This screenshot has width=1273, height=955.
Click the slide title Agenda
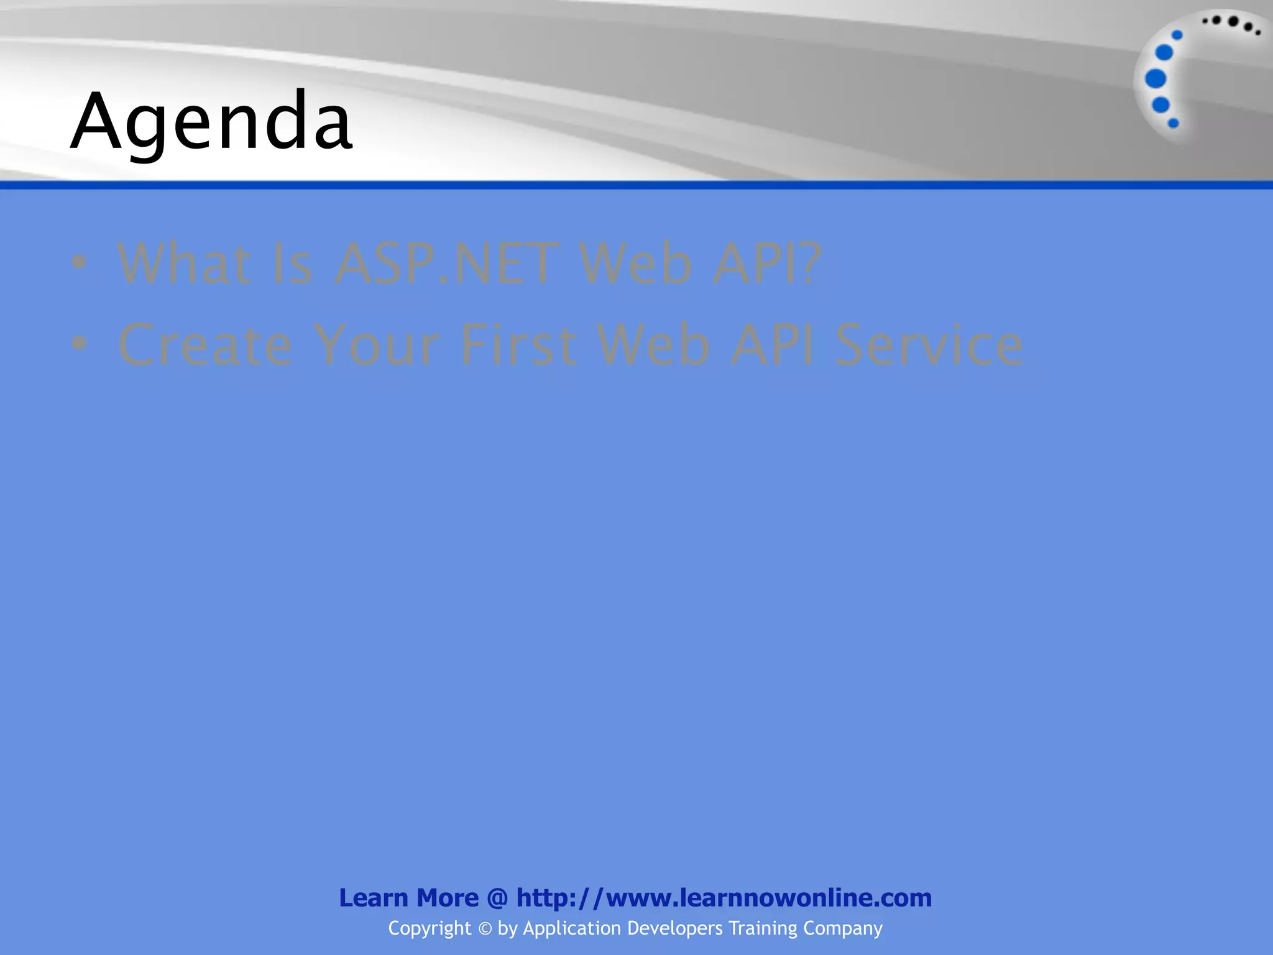(211, 121)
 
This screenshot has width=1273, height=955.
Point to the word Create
(205, 344)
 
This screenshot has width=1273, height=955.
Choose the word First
(518, 344)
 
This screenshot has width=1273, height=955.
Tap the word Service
(929, 344)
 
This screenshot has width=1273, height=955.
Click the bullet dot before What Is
(79, 262)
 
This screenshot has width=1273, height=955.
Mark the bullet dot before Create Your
(79, 343)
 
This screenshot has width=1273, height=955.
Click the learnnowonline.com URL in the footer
(724, 898)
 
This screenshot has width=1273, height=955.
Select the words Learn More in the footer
(408, 898)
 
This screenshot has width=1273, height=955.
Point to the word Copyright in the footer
(430, 928)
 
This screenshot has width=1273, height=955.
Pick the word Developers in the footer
(675, 928)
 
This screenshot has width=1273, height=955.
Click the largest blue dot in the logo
(1156, 79)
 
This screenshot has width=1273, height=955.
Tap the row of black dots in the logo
(1231, 24)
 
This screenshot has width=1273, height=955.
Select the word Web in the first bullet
(635, 264)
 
